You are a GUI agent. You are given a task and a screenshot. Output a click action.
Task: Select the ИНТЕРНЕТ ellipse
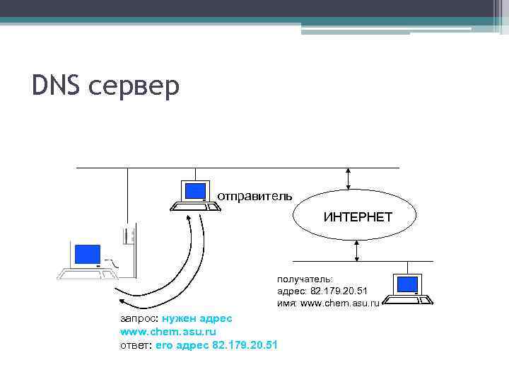[x=357, y=216]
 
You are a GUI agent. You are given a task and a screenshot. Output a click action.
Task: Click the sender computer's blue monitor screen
[x=194, y=190]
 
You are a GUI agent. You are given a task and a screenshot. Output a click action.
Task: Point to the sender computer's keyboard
[x=192, y=207]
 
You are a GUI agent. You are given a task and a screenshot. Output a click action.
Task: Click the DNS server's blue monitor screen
[x=88, y=254]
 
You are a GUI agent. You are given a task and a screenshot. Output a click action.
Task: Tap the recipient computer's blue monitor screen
[x=407, y=284]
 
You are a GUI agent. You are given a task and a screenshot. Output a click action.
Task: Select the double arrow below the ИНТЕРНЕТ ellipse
[x=357, y=250]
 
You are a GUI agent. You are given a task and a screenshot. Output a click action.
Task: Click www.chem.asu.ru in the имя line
[x=340, y=303]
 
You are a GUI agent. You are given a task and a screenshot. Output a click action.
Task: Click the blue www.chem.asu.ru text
[x=168, y=331]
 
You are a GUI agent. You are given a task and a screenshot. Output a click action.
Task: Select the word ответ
[x=134, y=345]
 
